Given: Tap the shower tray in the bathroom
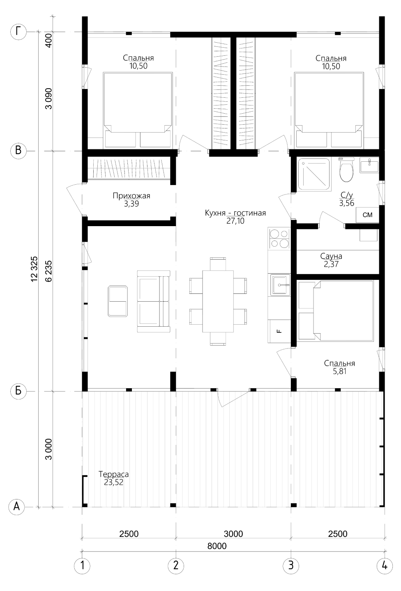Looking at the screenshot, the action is click(314, 175).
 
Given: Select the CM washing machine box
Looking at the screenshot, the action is click(367, 215).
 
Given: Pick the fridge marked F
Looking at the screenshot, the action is click(279, 331).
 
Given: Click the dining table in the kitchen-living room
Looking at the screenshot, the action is click(218, 301).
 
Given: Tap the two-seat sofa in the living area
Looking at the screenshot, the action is click(154, 301).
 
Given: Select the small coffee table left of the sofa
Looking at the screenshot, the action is click(118, 301).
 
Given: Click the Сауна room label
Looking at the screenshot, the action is click(331, 256).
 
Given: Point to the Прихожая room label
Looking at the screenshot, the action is click(131, 196).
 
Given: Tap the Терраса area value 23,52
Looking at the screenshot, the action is click(113, 482).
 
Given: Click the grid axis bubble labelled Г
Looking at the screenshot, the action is click(18, 32).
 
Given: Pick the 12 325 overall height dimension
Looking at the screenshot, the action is click(35, 269).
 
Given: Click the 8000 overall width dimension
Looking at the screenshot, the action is click(217, 546).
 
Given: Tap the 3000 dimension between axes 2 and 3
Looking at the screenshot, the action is click(233, 534).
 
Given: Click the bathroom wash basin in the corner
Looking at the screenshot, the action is click(369, 165).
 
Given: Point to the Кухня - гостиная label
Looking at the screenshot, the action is click(235, 213).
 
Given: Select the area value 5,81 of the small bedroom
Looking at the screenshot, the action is click(339, 371).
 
